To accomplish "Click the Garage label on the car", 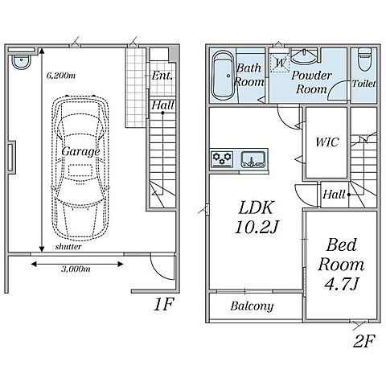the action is coord(80,152).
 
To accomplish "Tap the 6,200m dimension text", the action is coord(61,76).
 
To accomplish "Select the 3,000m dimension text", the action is coord(76,269).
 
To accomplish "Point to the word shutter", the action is coord(68,247).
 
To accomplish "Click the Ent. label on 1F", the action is coord(162,76).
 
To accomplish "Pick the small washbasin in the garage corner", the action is coord(21,62).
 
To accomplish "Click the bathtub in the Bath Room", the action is coord(223,76).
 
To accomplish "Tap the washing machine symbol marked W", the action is coord(280,63).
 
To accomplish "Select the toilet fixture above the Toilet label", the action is coord(365,60).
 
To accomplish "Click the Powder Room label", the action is coord(311,82).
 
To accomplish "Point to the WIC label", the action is coord(327,142).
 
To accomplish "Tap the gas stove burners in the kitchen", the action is coord(222,158).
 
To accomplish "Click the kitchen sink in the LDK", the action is coord(253,159).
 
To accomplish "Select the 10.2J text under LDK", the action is coord(257,228).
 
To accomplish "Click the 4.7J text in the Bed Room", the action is coord(342,285).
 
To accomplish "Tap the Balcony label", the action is coord(252,306).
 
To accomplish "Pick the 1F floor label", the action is coord(164,304).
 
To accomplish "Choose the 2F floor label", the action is coord(363,341).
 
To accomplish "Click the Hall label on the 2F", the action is coord(334,195).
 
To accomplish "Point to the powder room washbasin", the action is coord(304,55).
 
